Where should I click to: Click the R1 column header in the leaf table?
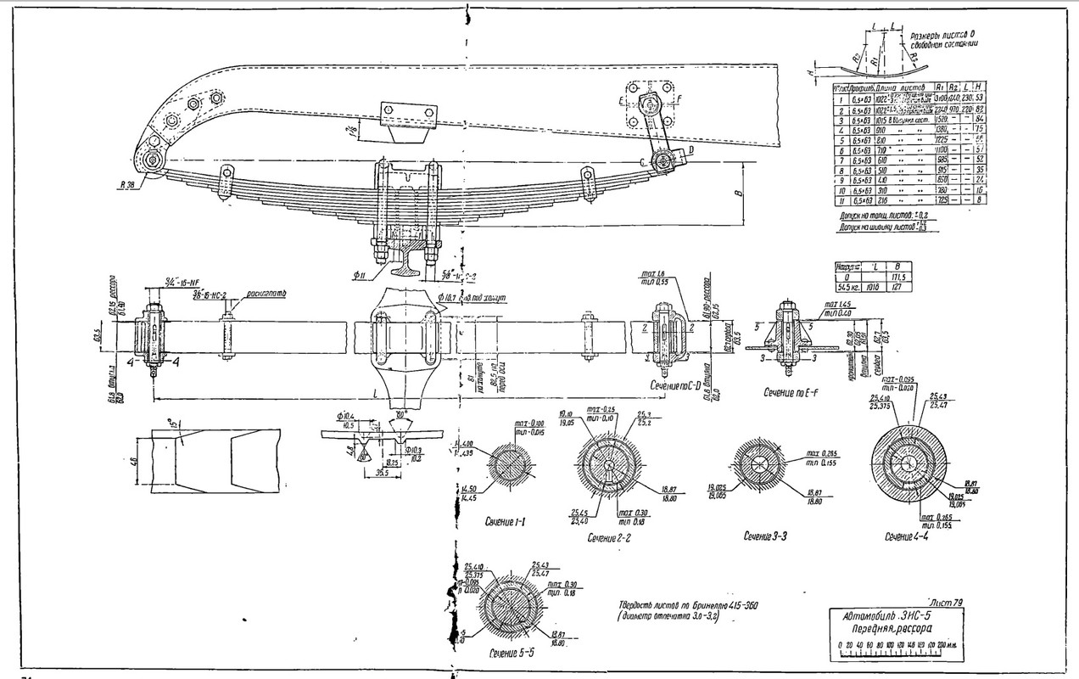pos(942,87)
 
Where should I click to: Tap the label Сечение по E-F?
pos(783,393)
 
